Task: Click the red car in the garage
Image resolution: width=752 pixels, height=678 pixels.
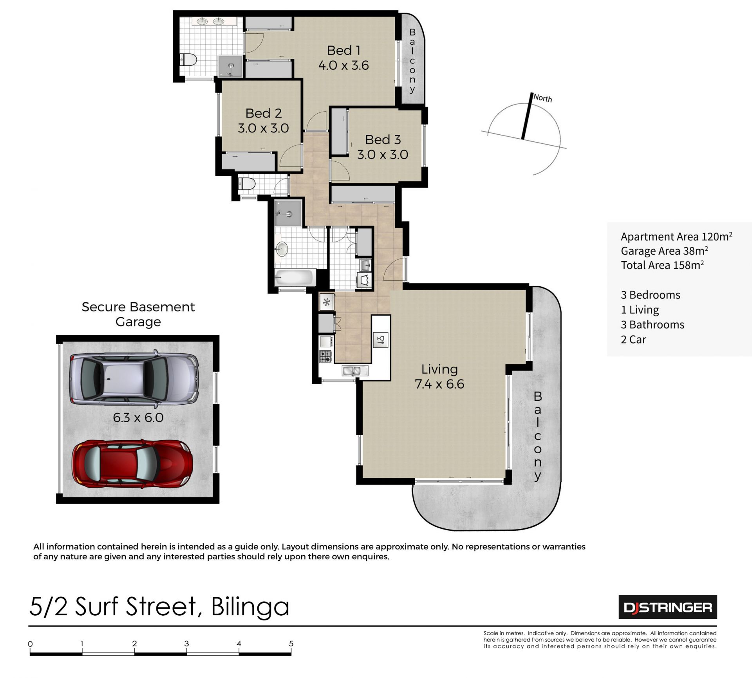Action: tap(132, 464)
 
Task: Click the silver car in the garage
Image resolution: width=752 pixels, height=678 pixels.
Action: tap(134, 379)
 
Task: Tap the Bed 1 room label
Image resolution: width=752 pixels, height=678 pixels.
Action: tap(343, 51)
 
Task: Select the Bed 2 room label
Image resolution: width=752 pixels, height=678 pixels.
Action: tap(264, 113)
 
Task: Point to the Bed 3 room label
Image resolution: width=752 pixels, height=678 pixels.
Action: tap(383, 140)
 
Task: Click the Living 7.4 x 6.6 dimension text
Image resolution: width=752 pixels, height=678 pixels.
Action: tap(439, 384)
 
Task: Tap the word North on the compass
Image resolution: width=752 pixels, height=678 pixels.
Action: tap(543, 98)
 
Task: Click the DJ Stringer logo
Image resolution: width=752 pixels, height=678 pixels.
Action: tap(668, 607)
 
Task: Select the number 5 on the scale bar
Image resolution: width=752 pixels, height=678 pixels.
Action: tap(291, 644)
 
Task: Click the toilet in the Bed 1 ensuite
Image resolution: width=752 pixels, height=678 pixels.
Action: tap(188, 60)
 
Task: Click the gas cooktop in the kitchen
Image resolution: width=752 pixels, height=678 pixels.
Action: tap(325, 356)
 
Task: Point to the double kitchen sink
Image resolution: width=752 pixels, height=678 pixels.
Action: tap(355, 370)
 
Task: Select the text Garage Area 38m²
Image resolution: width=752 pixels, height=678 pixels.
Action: tap(664, 251)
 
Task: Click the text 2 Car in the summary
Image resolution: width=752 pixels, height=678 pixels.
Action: tap(633, 340)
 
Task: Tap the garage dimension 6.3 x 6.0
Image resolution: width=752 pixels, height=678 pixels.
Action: tap(138, 418)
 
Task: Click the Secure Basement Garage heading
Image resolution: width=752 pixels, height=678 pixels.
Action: tap(138, 314)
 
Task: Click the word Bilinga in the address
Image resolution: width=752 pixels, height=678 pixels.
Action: tap(250, 607)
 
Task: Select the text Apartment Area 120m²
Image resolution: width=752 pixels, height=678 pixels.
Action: tap(676, 237)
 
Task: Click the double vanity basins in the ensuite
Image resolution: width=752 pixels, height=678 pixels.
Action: tap(210, 21)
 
